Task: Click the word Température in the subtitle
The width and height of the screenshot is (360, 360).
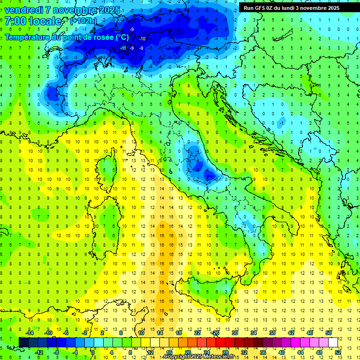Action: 28,37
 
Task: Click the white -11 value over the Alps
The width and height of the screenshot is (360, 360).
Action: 123,48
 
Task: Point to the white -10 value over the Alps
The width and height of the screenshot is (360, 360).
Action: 142,38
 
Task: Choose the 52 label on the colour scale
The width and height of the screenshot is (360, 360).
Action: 338,352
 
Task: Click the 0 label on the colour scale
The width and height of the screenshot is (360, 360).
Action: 93,352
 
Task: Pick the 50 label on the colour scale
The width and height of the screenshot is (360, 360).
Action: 329,332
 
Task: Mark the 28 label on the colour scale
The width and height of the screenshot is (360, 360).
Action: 225,352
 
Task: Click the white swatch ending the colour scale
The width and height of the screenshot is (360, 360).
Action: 333,342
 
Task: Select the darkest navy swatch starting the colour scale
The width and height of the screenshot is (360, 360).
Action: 23,342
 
